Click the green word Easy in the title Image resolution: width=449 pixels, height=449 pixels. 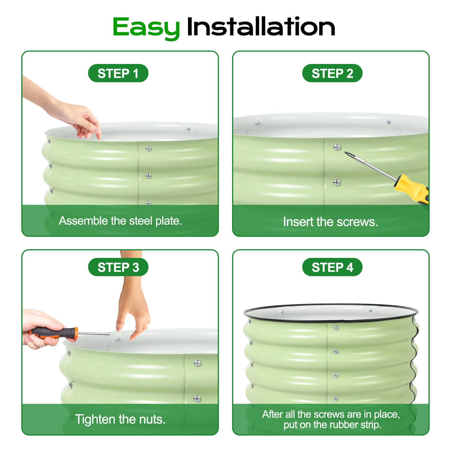(x=146, y=27)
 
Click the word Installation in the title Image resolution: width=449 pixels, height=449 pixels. (x=261, y=27)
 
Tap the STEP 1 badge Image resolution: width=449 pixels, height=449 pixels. (x=118, y=73)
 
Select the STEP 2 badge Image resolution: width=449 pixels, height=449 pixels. (x=332, y=73)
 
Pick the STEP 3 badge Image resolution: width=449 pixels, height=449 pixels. (x=118, y=267)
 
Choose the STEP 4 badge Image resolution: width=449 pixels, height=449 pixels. (x=332, y=267)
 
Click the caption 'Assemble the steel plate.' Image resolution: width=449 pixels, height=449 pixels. (x=120, y=221)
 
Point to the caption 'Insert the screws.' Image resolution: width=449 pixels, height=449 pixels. (x=330, y=222)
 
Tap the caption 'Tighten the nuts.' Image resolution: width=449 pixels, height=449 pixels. (x=120, y=419)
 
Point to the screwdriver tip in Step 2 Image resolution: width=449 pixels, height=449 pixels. (x=347, y=153)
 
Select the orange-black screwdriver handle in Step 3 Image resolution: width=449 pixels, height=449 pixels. (x=54, y=333)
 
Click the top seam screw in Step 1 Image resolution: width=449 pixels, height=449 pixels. (x=149, y=149)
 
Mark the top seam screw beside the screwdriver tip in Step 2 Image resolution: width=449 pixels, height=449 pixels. (x=337, y=147)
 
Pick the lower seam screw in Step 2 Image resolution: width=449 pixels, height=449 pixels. (x=337, y=183)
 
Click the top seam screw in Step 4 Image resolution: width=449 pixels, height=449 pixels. (x=336, y=328)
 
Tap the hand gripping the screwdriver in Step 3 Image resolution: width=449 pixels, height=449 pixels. (x=39, y=329)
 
